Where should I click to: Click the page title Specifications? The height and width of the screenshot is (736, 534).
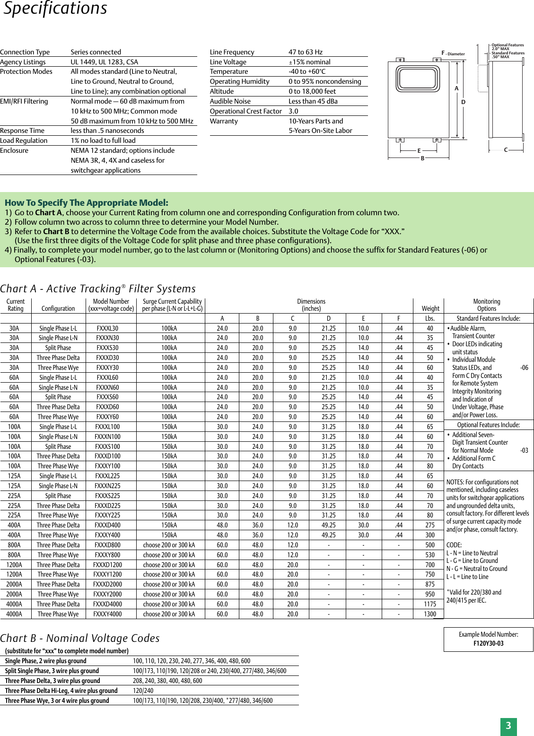55,9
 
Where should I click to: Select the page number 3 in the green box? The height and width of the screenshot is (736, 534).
508,726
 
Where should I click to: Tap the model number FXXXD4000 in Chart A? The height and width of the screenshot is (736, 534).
107,604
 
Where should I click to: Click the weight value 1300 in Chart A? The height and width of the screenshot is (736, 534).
430,614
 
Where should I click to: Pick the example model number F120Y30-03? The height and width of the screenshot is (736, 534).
488,643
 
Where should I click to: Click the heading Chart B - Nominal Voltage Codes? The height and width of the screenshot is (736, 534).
80,638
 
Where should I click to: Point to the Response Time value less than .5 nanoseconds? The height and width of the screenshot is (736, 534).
107,131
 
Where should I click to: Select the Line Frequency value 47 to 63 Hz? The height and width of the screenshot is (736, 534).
305,52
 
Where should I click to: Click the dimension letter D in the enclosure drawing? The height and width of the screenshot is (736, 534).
463,102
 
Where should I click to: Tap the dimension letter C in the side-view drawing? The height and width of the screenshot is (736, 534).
506,150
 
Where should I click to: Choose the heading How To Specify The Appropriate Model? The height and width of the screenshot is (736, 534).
86,202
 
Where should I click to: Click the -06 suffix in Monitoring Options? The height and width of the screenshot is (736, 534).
524,368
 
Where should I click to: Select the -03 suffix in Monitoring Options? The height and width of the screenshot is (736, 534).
524,450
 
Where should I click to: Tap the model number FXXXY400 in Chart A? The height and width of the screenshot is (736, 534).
107,535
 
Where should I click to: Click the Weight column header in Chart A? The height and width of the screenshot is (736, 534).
430,308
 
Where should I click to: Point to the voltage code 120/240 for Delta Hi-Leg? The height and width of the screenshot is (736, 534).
143,691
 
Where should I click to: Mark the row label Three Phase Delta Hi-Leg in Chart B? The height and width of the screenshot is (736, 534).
61,691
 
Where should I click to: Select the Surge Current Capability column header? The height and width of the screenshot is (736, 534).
172,305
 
